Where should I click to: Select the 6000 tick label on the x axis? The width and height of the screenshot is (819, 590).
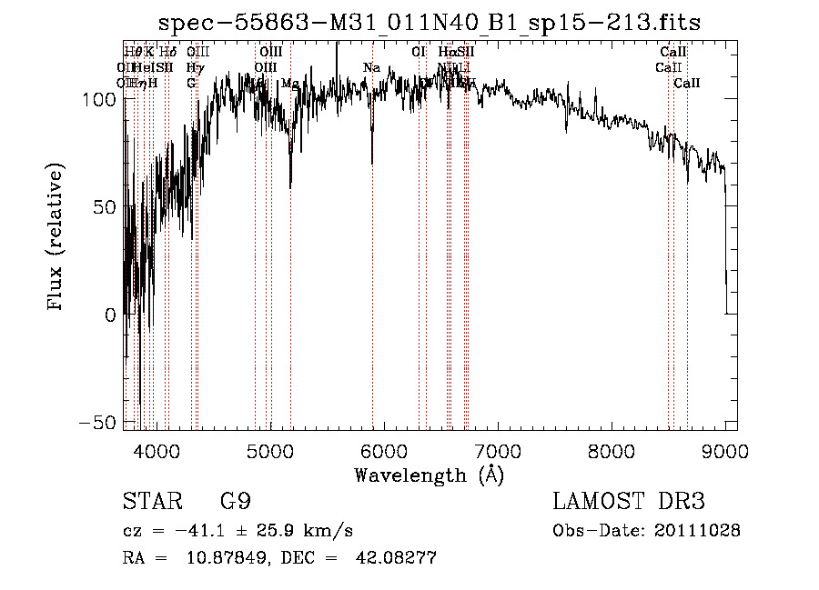pyautogui.click(x=384, y=451)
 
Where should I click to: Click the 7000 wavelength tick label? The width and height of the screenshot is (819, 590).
pyautogui.click(x=498, y=451)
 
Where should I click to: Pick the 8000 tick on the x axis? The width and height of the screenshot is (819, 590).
pyautogui.click(x=612, y=451)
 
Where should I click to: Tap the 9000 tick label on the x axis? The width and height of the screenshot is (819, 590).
pyautogui.click(x=725, y=451)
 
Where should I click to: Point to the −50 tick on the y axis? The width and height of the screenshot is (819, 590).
pyautogui.click(x=96, y=423)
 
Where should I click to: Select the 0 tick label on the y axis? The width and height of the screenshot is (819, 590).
pyautogui.click(x=109, y=315)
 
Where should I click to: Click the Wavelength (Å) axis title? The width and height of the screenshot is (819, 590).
pyautogui.click(x=429, y=475)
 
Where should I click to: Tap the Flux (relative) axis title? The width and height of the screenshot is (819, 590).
pyautogui.click(x=56, y=238)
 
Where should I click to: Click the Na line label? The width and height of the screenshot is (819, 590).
pyautogui.click(x=371, y=68)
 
